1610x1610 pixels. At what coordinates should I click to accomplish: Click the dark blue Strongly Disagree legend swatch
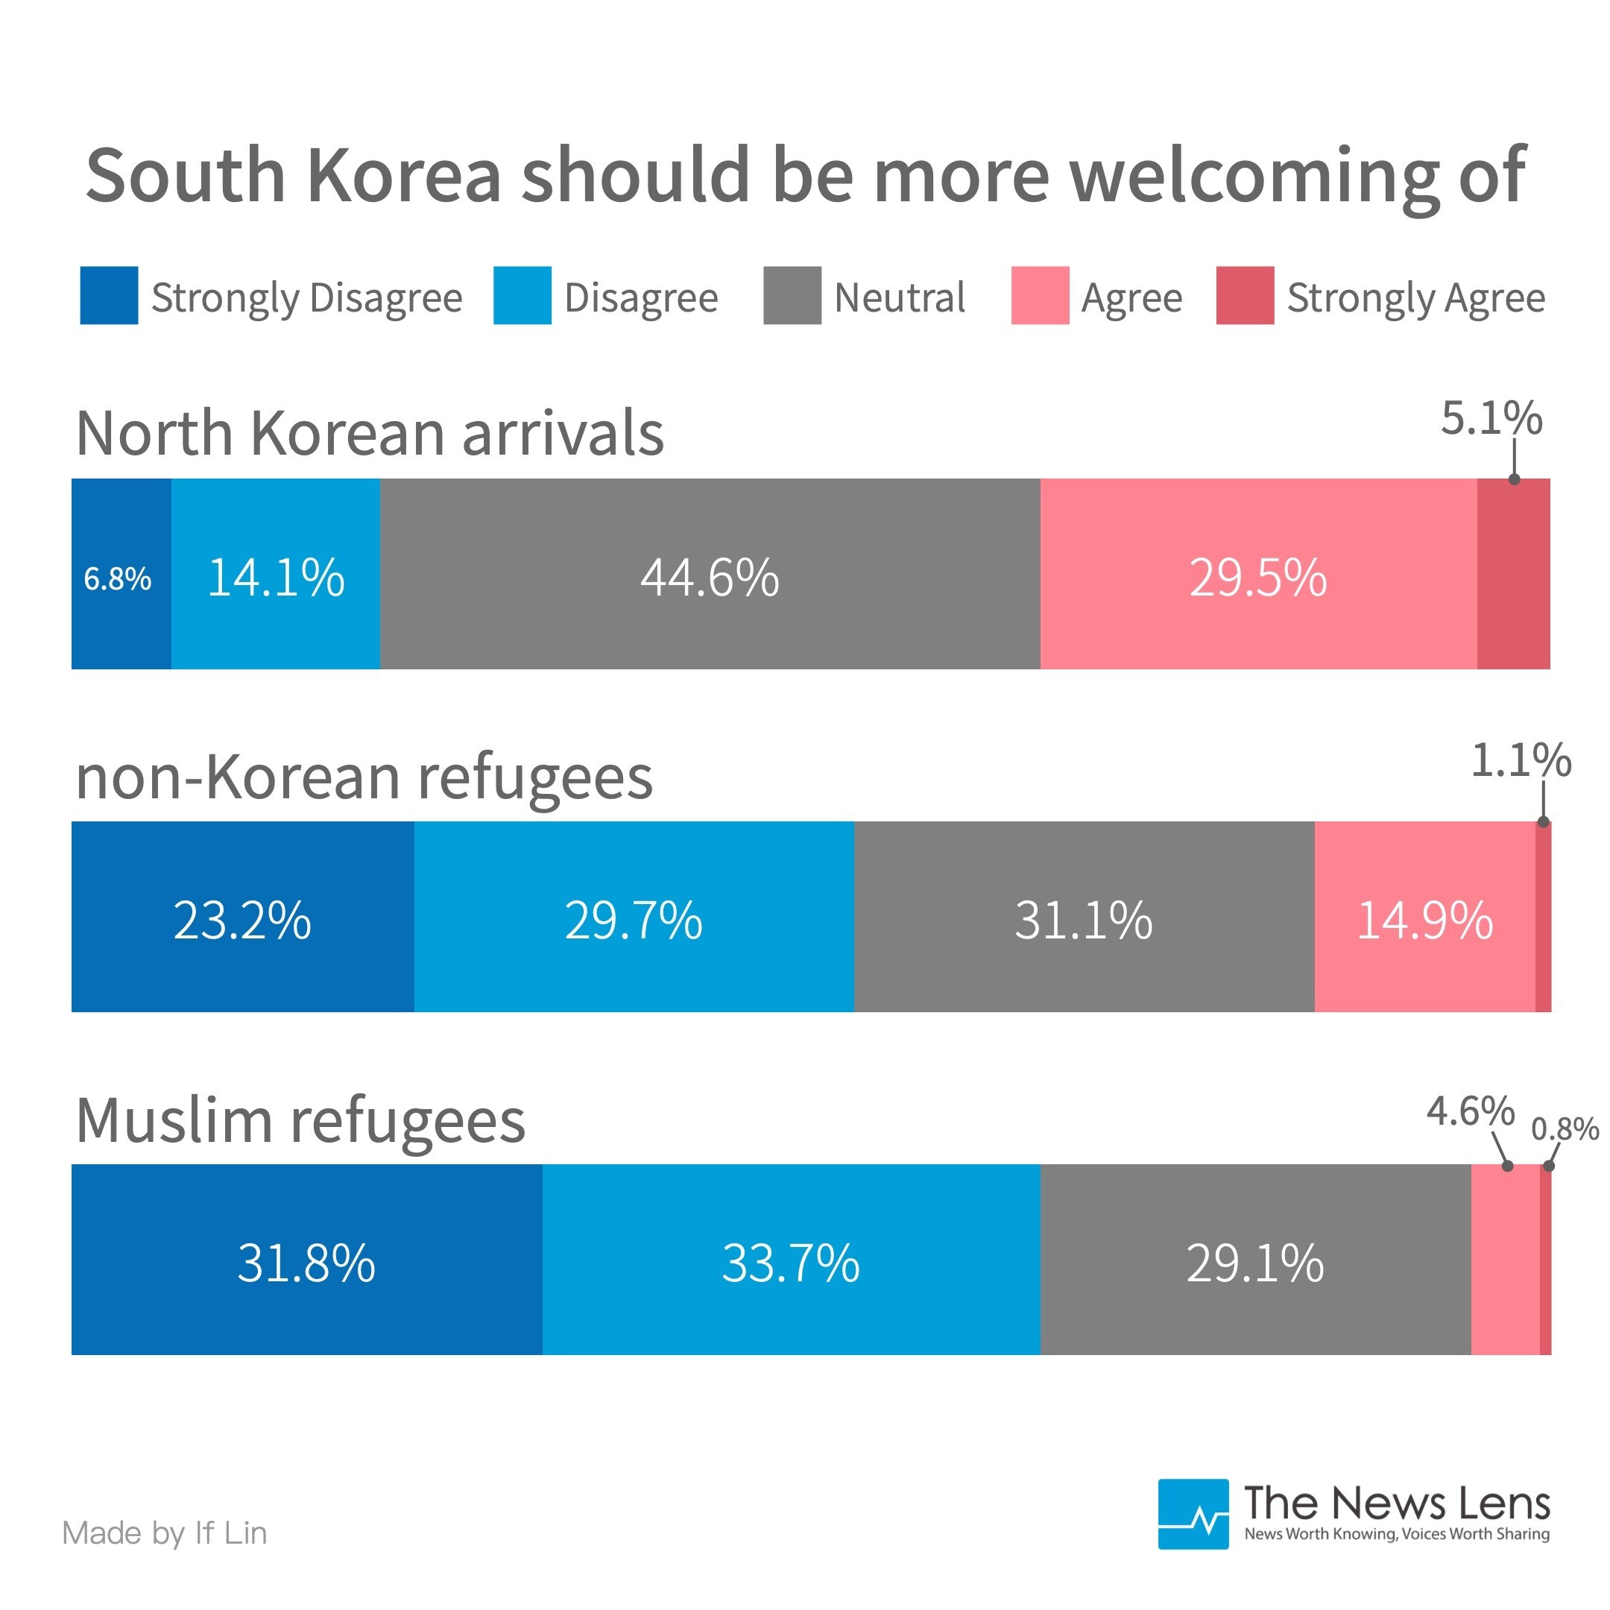[108, 295]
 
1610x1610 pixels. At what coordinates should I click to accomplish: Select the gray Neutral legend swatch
[792, 295]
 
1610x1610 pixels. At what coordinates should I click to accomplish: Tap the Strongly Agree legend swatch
[1245, 295]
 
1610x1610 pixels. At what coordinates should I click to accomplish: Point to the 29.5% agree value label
[1257, 578]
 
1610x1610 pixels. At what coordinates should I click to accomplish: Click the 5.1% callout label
[1491, 418]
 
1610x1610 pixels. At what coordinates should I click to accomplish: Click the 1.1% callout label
[1521, 761]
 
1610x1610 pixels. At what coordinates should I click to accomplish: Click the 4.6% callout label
[1470, 1111]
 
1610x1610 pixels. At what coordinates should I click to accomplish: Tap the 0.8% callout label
[1565, 1129]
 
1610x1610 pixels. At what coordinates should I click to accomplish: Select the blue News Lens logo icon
[1193, 1514]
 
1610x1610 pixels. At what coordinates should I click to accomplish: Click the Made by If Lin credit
[164, 1533]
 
